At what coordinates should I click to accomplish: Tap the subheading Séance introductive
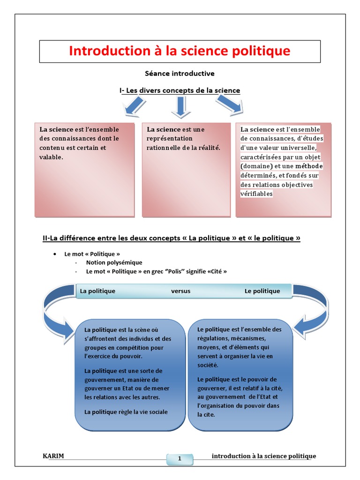(x=180, y=73)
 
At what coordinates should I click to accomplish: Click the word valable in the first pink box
(x=51, y=157)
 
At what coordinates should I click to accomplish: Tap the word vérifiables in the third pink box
(x=256, y=194)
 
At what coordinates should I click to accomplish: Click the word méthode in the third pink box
(x=309, y=166)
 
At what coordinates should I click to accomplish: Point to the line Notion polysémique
(x=114, y=262)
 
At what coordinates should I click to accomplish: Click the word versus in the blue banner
(x=181, y=291)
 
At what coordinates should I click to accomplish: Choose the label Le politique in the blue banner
(x=262, y=291)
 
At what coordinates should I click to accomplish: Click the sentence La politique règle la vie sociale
(x=126, y=412)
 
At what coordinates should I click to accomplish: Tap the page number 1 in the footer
(x=180, y=459)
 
